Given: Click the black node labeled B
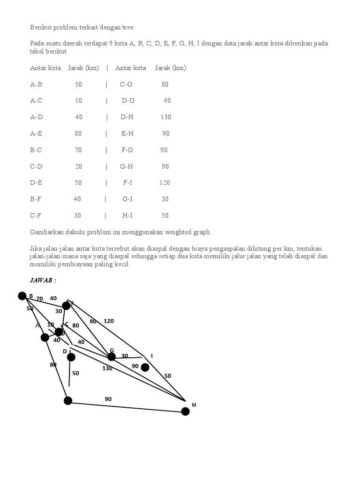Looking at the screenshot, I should (x=22, y=296).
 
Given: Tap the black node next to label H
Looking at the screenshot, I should (x=185, y=411).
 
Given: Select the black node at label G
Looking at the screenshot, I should (x=111, y=357).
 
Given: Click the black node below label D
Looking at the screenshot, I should (x=71, y=357).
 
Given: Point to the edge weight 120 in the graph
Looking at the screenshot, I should (x=109, y=321).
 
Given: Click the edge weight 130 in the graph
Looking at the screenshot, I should (x=107, y=368).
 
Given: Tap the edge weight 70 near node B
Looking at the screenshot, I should (x=39, y=299).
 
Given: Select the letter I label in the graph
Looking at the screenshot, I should (x=152, y=356).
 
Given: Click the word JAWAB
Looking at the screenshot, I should (x=41, y=280).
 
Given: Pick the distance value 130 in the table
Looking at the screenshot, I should (x=166, y=117).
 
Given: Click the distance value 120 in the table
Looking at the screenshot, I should (x=165, y=183).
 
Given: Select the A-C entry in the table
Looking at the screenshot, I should (x=37, y=101).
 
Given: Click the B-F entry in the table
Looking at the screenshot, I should (x=36, y=199).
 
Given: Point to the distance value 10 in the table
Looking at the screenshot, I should (x=78, y=101).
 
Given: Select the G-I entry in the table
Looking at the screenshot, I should (x=127, y=199).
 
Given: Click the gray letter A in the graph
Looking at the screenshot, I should (x=38, y=325).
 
